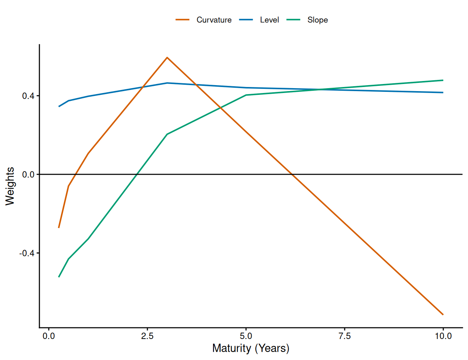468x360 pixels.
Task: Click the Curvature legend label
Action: coord(214,20)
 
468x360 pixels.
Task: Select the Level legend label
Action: coord(269,20)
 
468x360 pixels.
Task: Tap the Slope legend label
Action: coord(317,20)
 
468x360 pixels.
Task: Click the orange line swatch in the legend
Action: coord(183,20)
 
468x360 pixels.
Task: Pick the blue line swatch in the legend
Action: coord(246,20)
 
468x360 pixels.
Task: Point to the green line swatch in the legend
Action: coord(294,20)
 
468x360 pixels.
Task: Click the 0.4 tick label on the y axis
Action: coord(28,96)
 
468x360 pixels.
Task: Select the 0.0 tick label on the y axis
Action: coord(28,175)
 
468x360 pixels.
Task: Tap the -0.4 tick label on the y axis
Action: coord(27,253)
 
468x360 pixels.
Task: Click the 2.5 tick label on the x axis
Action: coord(147,336)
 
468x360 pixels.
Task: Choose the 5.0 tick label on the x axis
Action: coord(246,336)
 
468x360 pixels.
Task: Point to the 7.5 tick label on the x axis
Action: coord(345,336)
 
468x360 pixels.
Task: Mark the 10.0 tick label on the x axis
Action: coord(443,336)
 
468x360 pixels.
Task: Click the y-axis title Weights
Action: coord(10,186)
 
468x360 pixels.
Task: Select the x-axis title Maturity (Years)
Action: coord(250,348)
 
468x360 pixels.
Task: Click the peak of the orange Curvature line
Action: coord(167,57)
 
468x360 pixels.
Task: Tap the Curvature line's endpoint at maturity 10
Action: coord(443,314)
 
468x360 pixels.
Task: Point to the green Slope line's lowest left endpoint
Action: coord(59,277)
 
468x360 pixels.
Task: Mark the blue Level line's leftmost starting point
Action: coord(59,106)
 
